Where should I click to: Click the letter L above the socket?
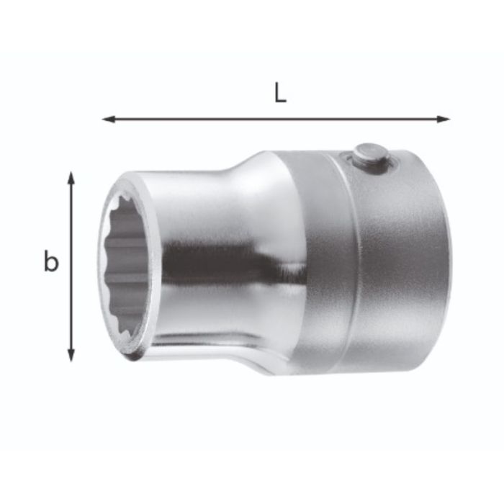click(x=280, y=94)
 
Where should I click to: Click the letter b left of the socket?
click(x=50, y=262)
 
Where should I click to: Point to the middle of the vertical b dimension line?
click(x=71, y=266)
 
